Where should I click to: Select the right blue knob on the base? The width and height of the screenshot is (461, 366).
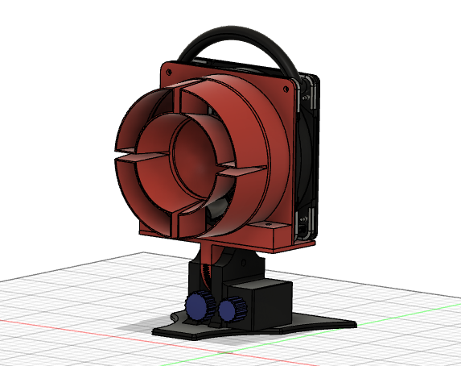click(x=233, y=309)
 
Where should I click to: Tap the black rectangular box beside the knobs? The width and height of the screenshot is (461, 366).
click(x=265, y=302)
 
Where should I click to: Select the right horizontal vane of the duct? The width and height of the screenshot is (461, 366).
click(x=241, y=170)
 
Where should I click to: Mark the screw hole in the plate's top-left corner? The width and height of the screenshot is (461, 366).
click(x=171, y=73)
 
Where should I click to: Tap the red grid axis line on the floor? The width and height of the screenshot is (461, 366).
click(x=64, y=323)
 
